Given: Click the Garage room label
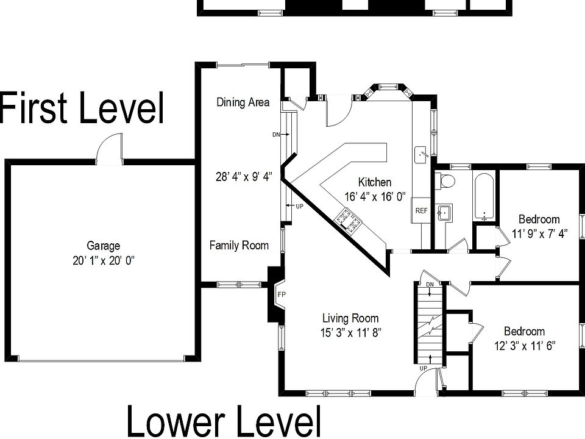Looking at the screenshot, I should (x=103, y=246).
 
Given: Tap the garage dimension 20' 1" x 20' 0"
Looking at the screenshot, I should (x=103, y=260).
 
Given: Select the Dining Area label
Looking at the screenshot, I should (x=243, y=102).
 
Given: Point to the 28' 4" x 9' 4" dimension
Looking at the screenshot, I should (x=243, y=177).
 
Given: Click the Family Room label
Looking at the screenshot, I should (x=239, y=246).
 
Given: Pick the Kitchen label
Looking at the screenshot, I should (x=374, y=182).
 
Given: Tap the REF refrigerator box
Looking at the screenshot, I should (x=421, y=210).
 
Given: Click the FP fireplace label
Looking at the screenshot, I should (x=281, y=294).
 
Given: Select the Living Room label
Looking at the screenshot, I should (x=350, y=318).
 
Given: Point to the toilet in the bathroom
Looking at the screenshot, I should (x=446, y=180).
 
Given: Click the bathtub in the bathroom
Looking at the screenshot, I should (x=484, y=197).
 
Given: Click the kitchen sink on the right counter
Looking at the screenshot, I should (x=421, y=156).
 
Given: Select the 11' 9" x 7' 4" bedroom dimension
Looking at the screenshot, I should (x=538, y=234).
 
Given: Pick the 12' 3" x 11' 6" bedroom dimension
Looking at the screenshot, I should (x=524, y=345).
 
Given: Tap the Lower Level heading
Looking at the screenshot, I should (x=223, y=421).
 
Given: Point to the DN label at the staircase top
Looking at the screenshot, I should (x=430, y=285).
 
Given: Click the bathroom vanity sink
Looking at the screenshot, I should (x=445, y=213).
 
